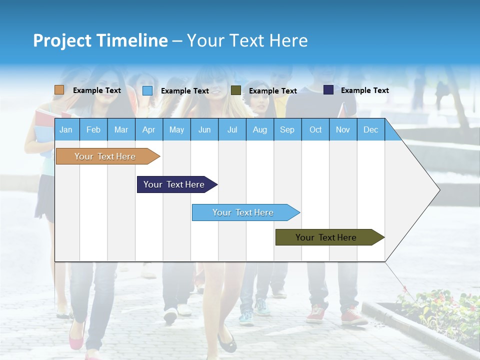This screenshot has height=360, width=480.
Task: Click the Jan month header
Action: (x=66, y=130)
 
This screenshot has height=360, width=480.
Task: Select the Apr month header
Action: (x=149, y=130)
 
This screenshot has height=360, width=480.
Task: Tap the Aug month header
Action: (x=260, y=130)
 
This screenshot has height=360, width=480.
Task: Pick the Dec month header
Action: (x=371, y=130)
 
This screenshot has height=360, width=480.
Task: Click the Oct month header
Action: (x=315, y=130)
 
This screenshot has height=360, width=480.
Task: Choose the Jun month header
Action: (x=204, y=130)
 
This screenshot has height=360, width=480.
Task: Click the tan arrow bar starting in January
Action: (x=105, y=156)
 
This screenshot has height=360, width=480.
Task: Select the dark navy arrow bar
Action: (x=174, y=184)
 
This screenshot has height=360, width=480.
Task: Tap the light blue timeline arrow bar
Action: (x=243, y=212)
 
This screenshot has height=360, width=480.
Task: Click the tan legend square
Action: (x=59, y=90)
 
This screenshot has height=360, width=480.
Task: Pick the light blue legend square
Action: (x=147, y=90)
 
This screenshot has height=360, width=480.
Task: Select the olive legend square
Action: (x=236, y=90)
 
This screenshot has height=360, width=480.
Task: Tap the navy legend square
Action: (x=328, y=90)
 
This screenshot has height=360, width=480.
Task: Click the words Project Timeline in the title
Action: (x=100, y=40)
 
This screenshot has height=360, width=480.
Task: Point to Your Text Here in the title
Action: (x=247, y=40)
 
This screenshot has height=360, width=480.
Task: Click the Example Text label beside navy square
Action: (x=364, y=90)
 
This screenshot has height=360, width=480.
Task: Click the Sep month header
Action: (x=287, y=130)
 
